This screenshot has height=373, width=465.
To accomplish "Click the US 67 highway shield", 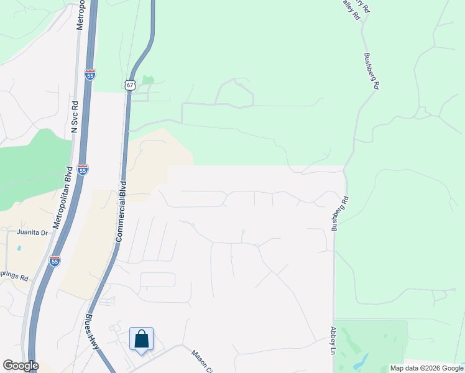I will point(129,85).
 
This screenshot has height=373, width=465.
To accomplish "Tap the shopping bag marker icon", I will point(142,339).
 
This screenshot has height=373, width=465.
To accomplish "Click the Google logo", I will point(21,366).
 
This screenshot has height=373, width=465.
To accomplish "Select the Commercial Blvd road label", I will point(122,211).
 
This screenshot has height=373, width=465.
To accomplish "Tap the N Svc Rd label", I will point(74,117).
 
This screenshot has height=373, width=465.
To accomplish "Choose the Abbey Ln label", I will point(333,341).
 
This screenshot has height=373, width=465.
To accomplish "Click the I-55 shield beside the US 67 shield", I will point(91,75).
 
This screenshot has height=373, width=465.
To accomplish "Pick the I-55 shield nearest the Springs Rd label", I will point(55,262).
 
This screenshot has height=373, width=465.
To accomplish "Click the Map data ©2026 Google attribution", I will point(427,368).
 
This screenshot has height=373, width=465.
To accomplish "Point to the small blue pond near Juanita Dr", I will point(20,248).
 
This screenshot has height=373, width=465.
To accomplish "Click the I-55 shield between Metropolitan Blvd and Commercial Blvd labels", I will point(83,169).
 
